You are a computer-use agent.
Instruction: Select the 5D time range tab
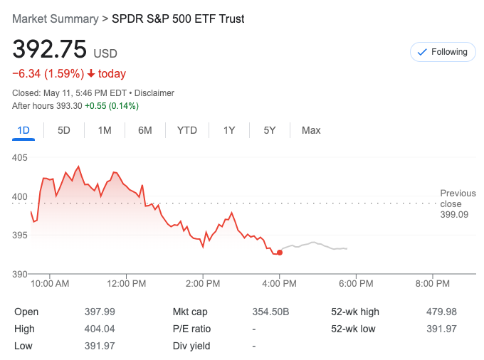(64, 130)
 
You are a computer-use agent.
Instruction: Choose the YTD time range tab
(187, 130)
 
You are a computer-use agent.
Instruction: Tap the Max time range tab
(311, 130)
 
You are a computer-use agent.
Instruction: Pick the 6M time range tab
(145, 130)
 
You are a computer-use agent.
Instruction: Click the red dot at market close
(280, 253)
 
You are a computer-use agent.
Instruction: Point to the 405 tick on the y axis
(21, 157)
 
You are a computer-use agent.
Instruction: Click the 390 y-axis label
(21, 274)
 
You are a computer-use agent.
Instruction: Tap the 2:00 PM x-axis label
(203, 284)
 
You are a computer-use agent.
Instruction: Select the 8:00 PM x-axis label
(433, 284)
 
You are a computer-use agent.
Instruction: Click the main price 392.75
(50, 49)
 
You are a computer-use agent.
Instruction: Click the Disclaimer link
(154, 93)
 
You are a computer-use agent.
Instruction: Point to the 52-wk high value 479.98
(441, 312)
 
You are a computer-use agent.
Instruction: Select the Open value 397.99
(100, 312)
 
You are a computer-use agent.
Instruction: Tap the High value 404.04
(100, 329)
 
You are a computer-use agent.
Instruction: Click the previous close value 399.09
(454, 214)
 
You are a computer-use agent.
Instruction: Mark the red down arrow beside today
(91, 74)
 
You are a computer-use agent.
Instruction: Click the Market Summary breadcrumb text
(56, 19)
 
